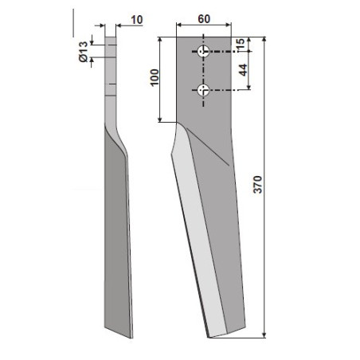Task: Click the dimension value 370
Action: coord(257,184)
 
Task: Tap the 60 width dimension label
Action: coord(204,19)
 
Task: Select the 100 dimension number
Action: coord(155,77)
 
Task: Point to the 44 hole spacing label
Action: coord(243,70)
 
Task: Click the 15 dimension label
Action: coord(240,44)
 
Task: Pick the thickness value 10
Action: coord(137,20)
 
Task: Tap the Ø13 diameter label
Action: coord(83,52)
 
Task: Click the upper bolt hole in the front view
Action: coord(204,51)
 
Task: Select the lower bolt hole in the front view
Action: coord(204,90)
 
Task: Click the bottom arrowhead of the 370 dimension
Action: coord(264,335)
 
